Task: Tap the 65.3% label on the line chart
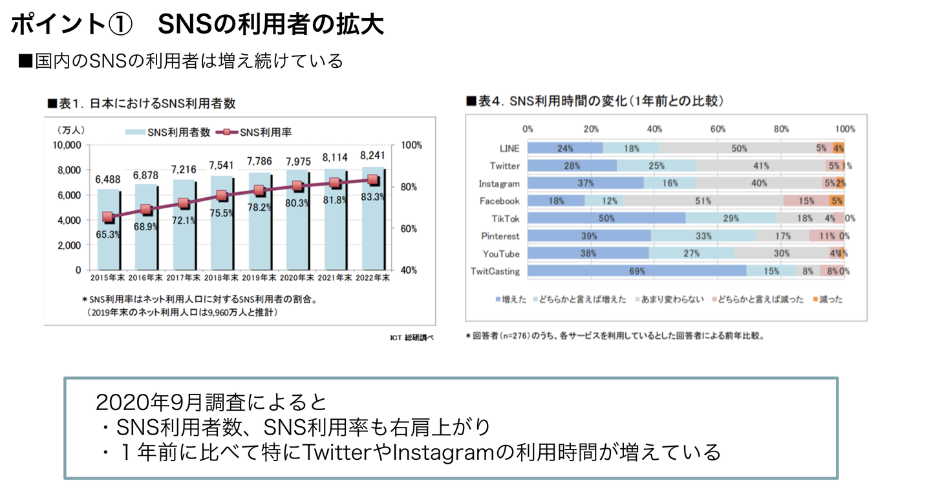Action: (109, 235)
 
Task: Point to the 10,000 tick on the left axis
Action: (67, 145)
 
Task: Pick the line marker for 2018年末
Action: (221, 196)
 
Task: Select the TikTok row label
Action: (505, 219)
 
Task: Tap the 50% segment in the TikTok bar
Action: (606, 219)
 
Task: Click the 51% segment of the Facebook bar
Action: (702, 201)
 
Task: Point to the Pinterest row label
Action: (500, 236)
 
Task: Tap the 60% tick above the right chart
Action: (718, 129)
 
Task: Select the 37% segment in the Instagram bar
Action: (586, 183)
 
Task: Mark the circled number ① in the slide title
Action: (120, 25)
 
